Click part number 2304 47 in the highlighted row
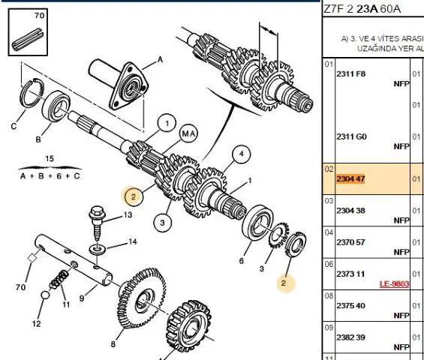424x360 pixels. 350,179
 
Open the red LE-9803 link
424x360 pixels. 394,283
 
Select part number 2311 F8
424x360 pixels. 351,73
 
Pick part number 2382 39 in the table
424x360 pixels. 350,337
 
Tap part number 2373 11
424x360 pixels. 350,274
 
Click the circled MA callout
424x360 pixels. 188,133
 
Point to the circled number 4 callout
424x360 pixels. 241,154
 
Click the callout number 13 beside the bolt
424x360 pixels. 128,214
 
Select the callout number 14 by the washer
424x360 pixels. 132,241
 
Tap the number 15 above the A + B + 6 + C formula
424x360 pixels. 50,158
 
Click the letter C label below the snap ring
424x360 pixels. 14,126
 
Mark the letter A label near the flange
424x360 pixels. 160,60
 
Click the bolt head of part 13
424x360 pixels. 97,212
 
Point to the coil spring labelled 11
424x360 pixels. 59,280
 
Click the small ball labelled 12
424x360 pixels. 45,295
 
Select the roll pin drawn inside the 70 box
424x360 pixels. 28,40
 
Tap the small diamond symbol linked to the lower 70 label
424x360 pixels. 32,258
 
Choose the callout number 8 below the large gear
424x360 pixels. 113,344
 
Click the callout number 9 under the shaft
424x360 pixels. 82,298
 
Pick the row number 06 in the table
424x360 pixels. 329,264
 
